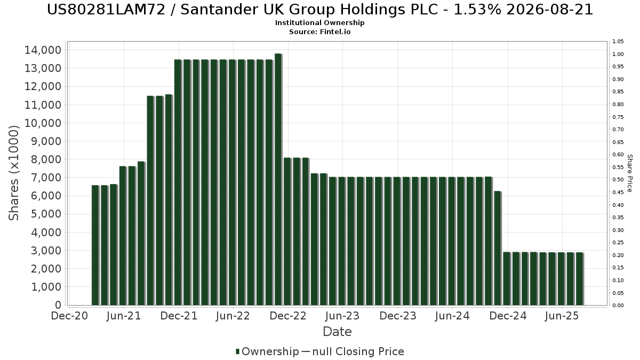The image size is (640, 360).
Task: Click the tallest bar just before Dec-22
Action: click(x=277, y=179)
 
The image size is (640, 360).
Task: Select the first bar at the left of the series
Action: click(x=95, y=245)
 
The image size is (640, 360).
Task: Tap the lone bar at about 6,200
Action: click(x=497, y=248)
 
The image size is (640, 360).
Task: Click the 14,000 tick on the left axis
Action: click(x=43, y=50)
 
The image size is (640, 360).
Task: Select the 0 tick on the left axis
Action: click(x=58, y=305)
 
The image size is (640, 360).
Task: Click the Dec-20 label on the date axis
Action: click(x=69, y=316)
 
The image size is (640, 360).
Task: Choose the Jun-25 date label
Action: click(x=562, y=316)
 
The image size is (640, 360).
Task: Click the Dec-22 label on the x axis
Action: click(x=288, y=316)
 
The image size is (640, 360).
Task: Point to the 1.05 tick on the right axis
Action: click(x=618, y=42)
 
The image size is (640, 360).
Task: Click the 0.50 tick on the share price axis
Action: click(x=618, y=180)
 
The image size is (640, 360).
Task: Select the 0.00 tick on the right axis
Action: click(x=618, y=306)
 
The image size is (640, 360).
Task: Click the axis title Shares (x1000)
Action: click(x=14, y=173)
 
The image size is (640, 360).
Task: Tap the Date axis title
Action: click(x=337, y=332)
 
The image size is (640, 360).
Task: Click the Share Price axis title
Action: click(x=629, y=173)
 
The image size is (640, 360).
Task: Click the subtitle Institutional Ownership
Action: click(x=319, y=23)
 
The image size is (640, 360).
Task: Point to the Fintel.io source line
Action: click(x=319, y=32)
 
